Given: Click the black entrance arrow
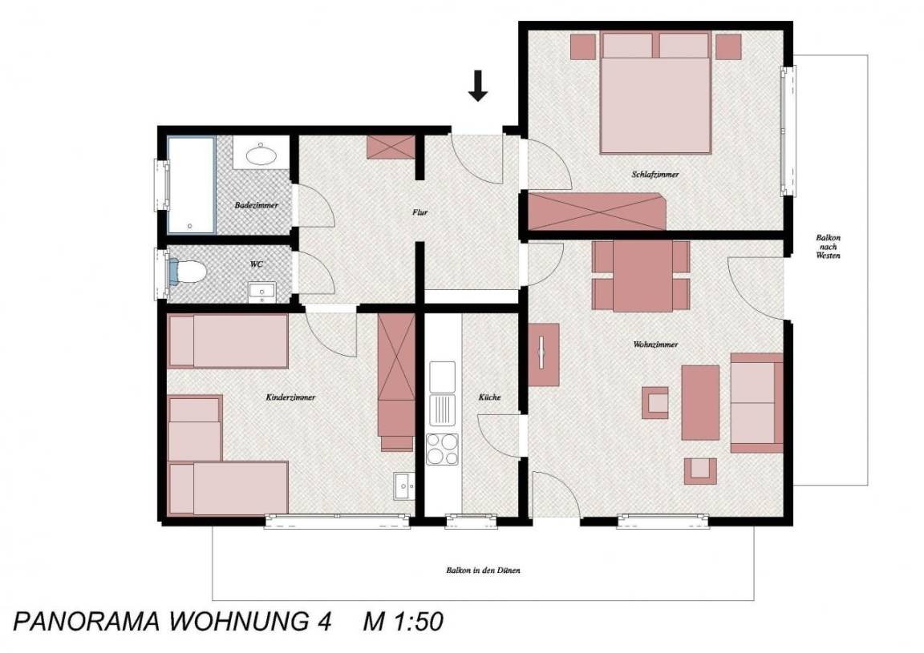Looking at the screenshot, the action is [x=478, y=86].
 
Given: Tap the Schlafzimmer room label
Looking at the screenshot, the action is [x=655, y=175].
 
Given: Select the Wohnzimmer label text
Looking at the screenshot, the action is [x=655, y=345].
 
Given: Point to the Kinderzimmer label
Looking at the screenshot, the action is [x=290, y=397].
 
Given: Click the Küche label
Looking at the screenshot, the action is [x=490, y=397].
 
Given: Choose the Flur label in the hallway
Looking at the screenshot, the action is [x=419, y=212].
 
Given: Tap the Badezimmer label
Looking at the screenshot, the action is [x=257, y=205].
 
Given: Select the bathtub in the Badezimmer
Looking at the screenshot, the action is [x=191, y=184].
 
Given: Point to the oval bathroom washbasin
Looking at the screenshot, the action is [x=261, y=155].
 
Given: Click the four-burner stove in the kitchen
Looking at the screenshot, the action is [x=442, y=449].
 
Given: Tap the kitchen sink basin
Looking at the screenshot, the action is [x=442, y=377].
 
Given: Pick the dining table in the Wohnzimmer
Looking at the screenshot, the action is [x=642, y=276].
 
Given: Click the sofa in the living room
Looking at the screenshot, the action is [x=757, y=403].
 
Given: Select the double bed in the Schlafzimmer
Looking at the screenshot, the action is [x=654, y=92].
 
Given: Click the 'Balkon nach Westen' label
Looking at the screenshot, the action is [x=828, y=247].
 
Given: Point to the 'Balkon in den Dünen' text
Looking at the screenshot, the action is [x=483, y=570].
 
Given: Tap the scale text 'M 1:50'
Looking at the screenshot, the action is [x=403, y=622].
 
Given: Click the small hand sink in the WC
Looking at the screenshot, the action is [x=261, y=291].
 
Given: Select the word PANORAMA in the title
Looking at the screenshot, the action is [x=87, y=622].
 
